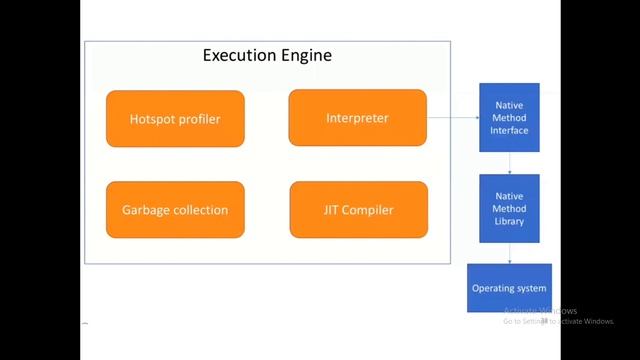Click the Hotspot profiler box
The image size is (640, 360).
(175, 119)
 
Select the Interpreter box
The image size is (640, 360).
(357, 118)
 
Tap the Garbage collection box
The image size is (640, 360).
(175, 210)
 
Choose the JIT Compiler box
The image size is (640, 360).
(358, 210)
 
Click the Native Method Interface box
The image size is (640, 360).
(509, 117)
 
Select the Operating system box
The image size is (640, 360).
(509, 288)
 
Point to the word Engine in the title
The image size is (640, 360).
(305, 56)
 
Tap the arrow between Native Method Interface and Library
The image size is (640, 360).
(510, 163)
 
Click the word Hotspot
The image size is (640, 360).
(153, 119)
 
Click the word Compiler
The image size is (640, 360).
(369, 210)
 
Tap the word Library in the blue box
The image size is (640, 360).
(509, 221)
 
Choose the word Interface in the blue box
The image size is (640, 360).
(509, 130)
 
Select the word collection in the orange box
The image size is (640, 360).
(201, 210)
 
